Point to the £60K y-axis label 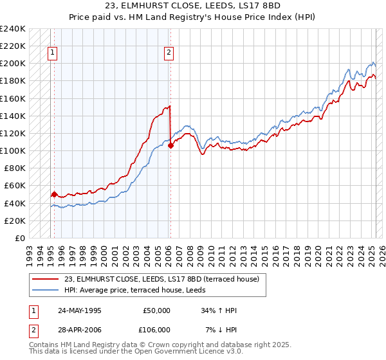(14, 186)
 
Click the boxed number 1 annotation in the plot (52, 53)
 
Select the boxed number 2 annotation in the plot (169, 53)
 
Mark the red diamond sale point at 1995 (54, 194)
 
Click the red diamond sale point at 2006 (170, 145)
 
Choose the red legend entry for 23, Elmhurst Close (161, 279)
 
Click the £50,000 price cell (156, 310)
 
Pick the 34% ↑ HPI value (219, 310)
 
